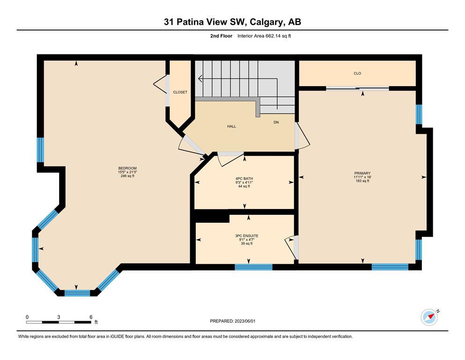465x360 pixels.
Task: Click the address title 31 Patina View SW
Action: pyautogui.click(x=205, y=22)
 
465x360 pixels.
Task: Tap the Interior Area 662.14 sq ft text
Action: pyautogui.click(x=264, y=36)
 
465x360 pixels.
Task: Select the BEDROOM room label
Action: pyautogui.click(x=127, y=168)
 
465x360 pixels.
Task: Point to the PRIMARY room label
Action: pyautogui.click(x=362, y=173)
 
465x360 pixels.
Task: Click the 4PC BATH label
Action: pyautogui.click(x=244, y=179)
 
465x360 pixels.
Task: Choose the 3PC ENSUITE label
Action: pyautogui.click(x=247, y=236)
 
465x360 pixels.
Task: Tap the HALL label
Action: pyautogui.click(x=232, y=127)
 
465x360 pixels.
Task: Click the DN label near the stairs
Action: pyautogui.click(x=276, y=122)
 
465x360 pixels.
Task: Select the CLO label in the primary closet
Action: pyautogui.click(x=357, y=73)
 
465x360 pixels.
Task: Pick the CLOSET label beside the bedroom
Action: pyautogui.click(x=180, y=92)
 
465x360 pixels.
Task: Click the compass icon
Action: pyautogui.click(x=429, y=317)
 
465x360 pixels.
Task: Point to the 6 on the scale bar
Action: pyautogui.click(x=91, y=317)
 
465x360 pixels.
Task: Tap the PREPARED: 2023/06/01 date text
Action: pyautogui.click(x=232, y=321)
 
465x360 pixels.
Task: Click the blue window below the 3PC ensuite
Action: pyautogui.click(x=253, y=267)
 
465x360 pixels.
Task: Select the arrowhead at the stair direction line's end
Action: pyautogui.click(x=200, y=79)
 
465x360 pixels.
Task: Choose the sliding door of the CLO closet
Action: pyautogui.click(x=357, y=88)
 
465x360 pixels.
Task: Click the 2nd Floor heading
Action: pyautogui.click(x=221, y=36)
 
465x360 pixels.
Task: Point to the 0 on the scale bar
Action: pyautogui.click(x=27, y=317)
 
